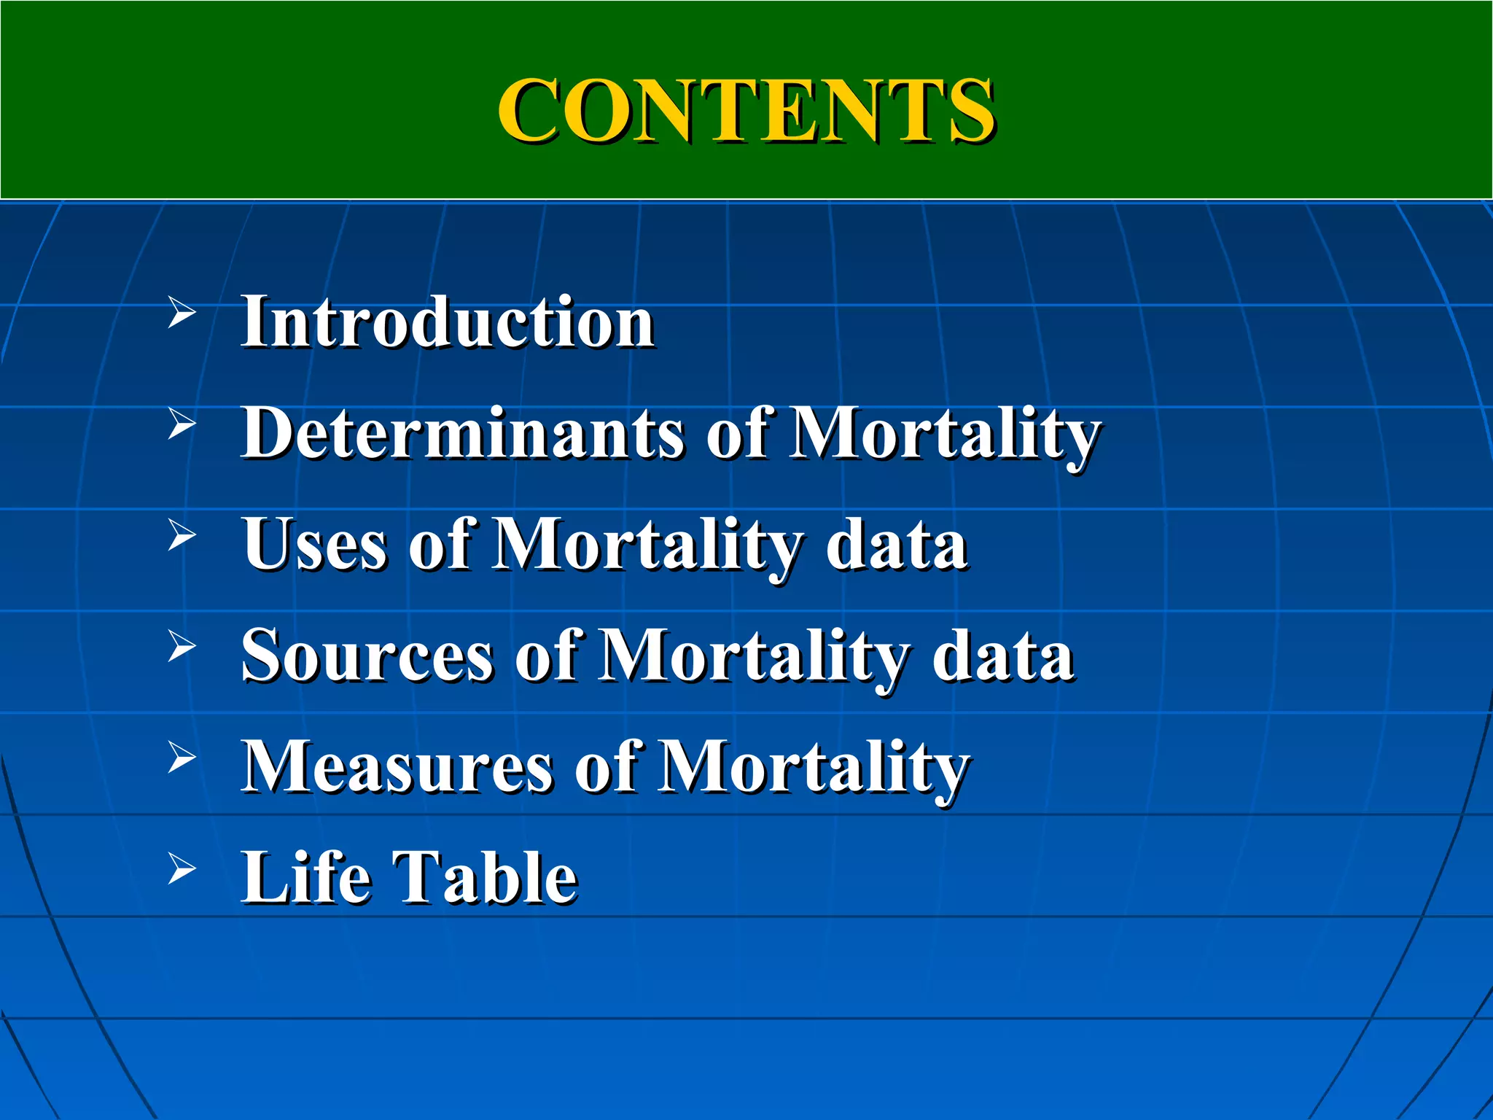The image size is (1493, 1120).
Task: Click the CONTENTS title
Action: click(746, 111)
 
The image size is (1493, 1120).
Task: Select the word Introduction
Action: click(448, 322)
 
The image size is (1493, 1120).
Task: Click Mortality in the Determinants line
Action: click(946, 435)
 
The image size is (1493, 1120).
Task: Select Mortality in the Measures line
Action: click(813, 768)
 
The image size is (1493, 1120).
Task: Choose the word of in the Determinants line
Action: click(737, 433)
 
